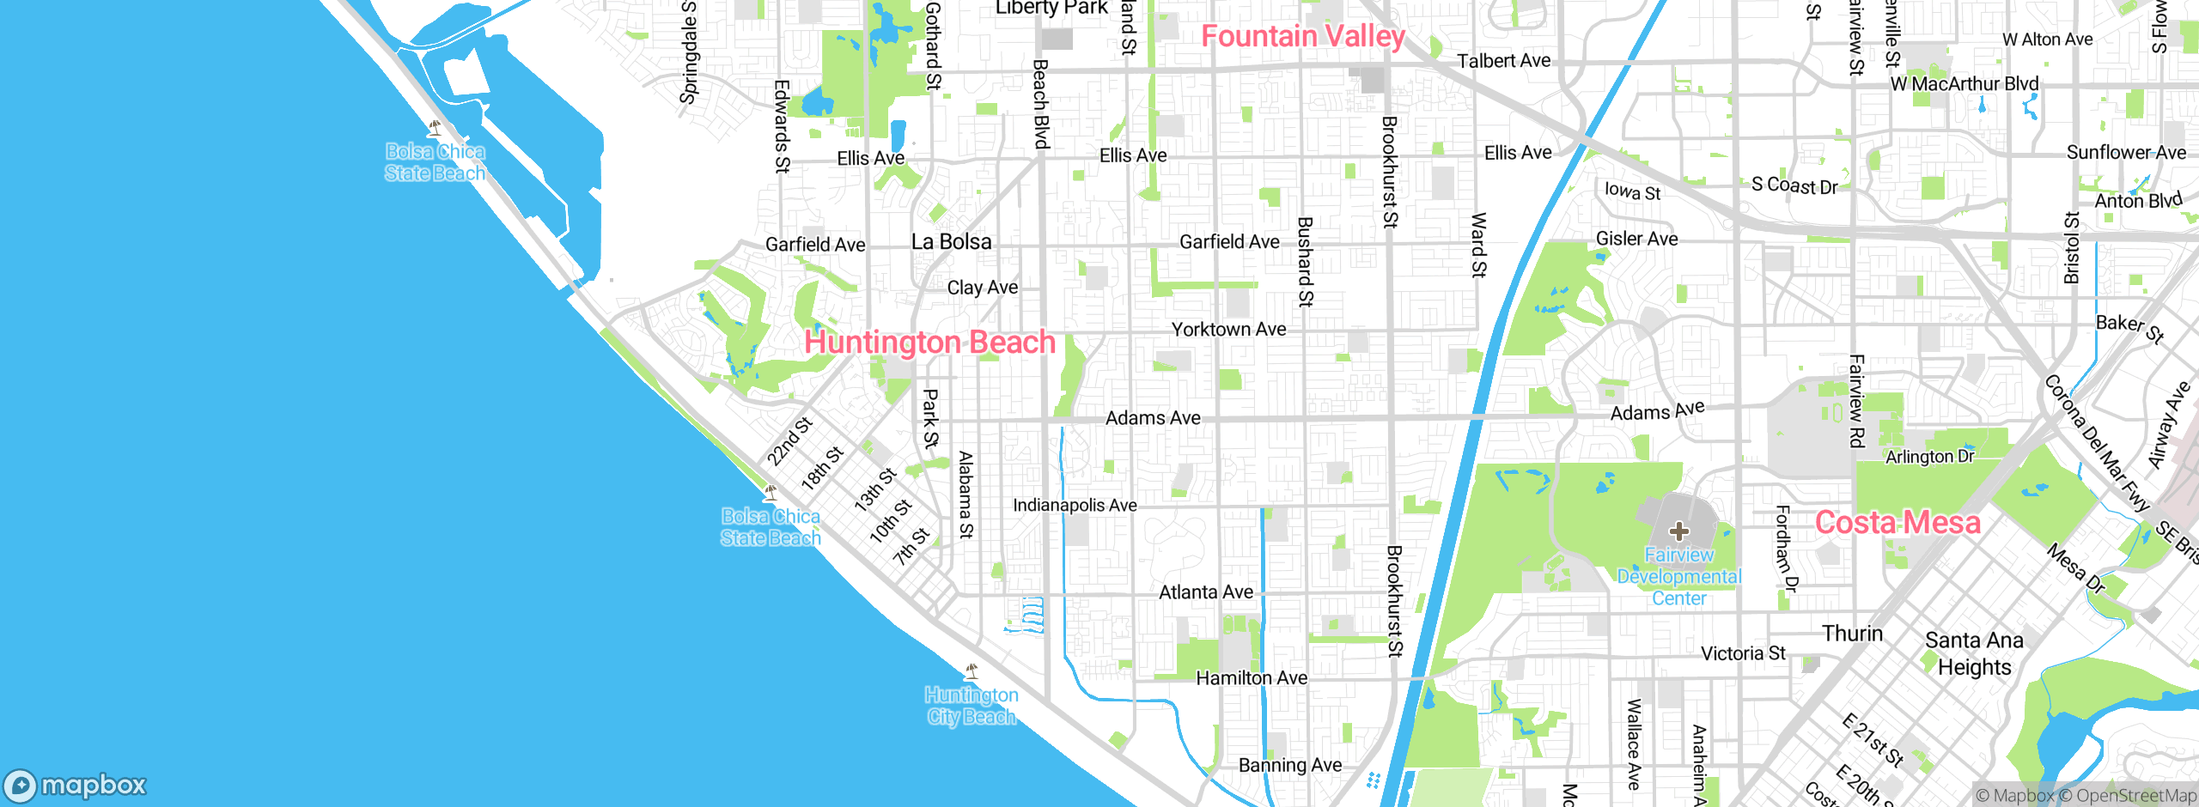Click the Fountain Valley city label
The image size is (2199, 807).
pos(1302,36)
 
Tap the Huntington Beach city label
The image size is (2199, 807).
pos(929,343)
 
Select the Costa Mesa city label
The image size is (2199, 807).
pos(1897,523)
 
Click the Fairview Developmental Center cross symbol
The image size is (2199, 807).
pos(1679,531)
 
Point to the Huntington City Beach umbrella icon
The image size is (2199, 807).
pos(972,670)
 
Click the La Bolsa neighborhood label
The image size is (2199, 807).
pos(951,242)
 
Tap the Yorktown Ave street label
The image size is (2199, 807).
pos(1228,330)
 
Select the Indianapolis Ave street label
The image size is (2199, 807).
pos(1075,506)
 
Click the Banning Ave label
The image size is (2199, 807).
pos(1289,765)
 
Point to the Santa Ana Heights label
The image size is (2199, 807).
pos(1974,653)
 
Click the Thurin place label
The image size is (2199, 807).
pos(1852,634)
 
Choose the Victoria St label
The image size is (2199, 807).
pos(1743,653)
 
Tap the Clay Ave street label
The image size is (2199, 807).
pos(982,288)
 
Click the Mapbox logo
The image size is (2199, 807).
pos(76,785)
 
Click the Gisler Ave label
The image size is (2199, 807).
pos(1636,239)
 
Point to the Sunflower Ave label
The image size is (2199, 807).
pos(2126,153)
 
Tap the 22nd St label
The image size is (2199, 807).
pos(789,441)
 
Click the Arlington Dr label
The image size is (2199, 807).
pos(1929,457)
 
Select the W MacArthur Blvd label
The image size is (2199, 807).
pos(1964,84)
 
